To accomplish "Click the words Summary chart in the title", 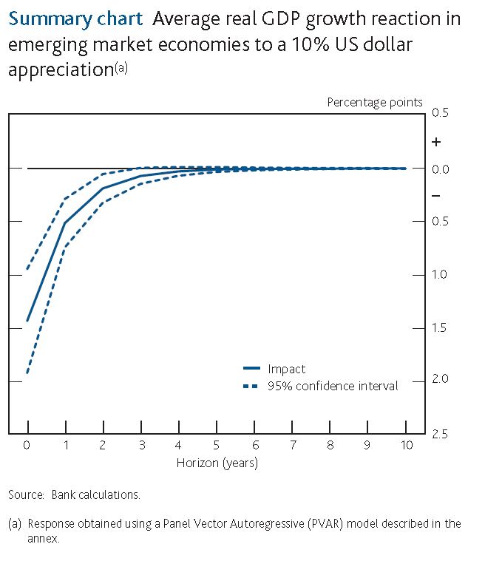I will point(75,18).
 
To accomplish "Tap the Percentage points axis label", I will point(375,103).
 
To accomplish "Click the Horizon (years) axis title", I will point(217,463).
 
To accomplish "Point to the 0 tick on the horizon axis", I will point(27,446).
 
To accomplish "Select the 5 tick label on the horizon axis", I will point(217,446).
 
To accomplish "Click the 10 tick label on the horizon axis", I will point(406,446).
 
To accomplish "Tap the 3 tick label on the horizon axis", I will point(140,446).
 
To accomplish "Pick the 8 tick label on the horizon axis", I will point(330,446).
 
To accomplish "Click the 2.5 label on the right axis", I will point(440,434).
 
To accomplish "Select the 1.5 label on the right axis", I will point(440,327).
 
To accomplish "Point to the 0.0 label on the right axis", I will point(440,169).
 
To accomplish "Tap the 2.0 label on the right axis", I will point(440,380).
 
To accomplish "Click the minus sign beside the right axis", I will point(436,196).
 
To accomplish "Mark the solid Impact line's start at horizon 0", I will point(28,322).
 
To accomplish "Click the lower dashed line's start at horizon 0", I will point(28,373).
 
